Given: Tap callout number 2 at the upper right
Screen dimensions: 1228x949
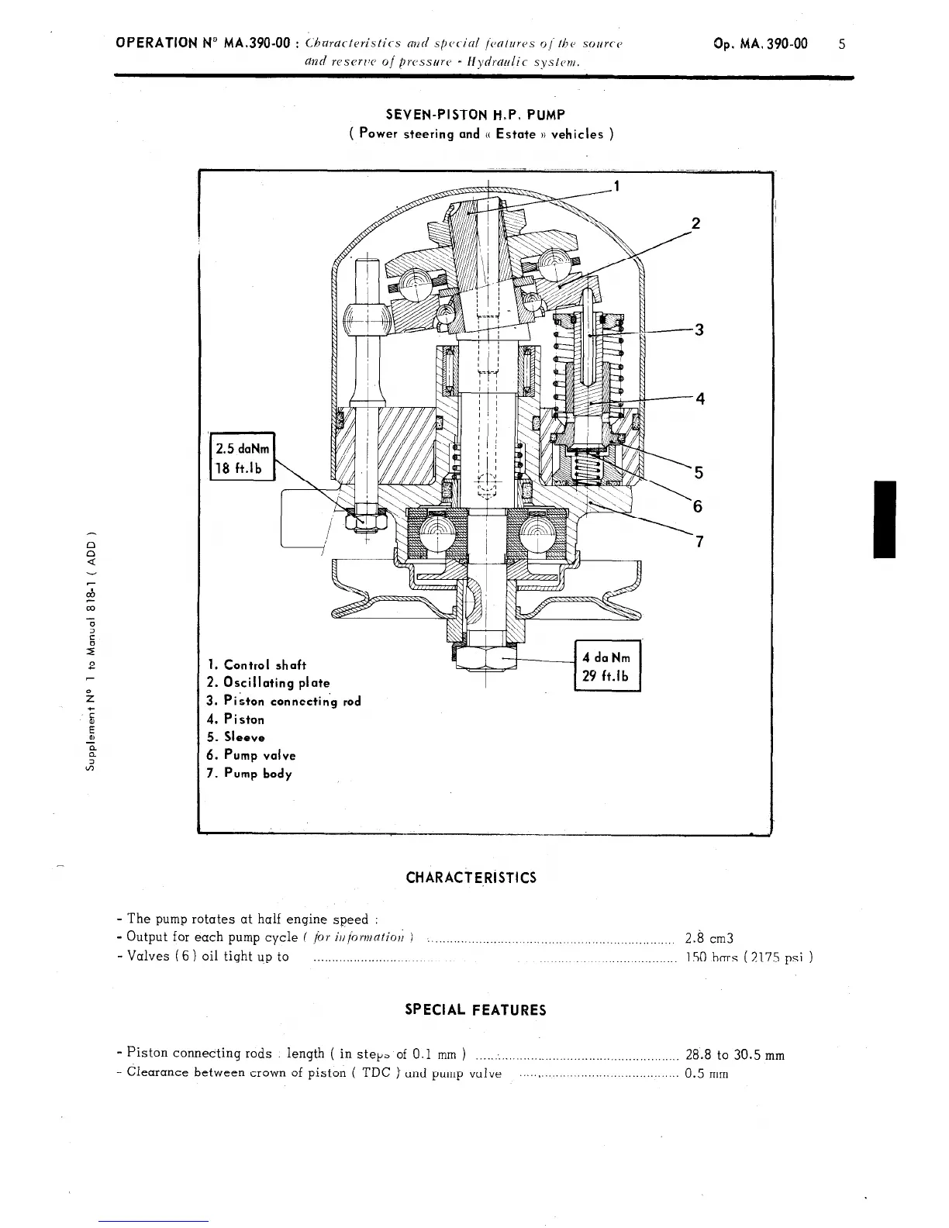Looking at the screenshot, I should point(695,224).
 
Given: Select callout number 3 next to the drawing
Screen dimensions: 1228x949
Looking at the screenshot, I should point(699,329).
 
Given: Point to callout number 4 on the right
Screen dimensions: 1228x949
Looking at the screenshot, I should point(700,399).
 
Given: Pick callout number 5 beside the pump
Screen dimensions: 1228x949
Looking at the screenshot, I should point(699,472).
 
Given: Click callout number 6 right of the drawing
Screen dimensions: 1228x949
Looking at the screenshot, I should point(698,506).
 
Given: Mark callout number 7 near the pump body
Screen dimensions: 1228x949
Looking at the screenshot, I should point(699,541).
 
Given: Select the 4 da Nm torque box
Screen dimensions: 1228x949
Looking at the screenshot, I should point(606,666).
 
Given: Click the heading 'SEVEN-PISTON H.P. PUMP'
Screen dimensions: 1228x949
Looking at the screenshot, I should point(481,115).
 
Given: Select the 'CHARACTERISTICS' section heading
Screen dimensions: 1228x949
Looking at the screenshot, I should point(471,878).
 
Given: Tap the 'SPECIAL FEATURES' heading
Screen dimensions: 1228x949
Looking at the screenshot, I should point(475,1010).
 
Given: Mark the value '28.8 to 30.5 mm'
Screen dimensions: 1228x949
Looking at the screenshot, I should point(735,1054).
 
